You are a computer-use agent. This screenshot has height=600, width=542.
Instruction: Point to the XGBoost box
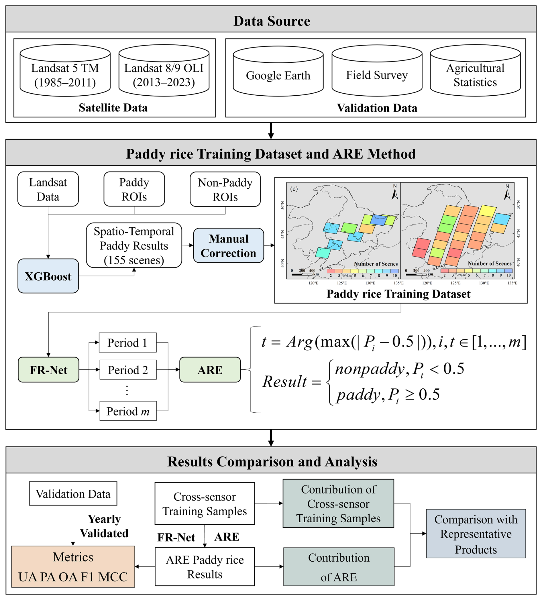click(48, 276)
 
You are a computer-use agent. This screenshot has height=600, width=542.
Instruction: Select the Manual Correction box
click(228, 245)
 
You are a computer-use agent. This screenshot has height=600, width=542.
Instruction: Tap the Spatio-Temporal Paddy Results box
click(134, 245)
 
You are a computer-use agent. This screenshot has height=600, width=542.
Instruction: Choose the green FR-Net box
click(48, 370)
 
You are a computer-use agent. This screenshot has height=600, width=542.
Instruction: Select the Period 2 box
click(128, 370)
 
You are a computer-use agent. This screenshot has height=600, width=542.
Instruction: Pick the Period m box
click(128, 411)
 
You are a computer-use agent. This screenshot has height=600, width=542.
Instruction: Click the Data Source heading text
click(272, 21)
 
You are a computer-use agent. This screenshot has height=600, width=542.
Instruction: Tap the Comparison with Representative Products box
click(476, 534)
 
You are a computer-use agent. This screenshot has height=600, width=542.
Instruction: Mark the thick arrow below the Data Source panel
click(271, 131)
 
